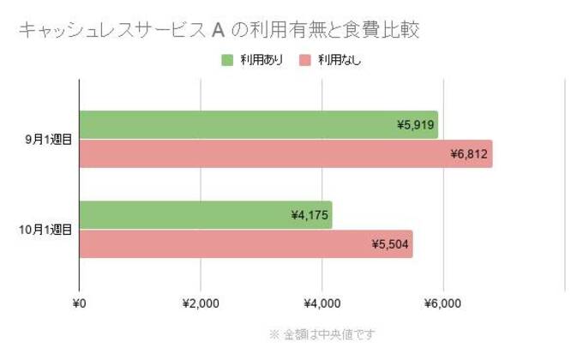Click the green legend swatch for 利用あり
click(227, 60)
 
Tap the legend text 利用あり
click(261, 60)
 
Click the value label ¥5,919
click(417, 125)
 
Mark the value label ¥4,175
click(310, 215)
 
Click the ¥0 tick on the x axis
click(79, 303)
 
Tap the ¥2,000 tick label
click(201, 303)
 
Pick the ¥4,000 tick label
click(322, 303)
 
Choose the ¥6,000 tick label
click(443, 303)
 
